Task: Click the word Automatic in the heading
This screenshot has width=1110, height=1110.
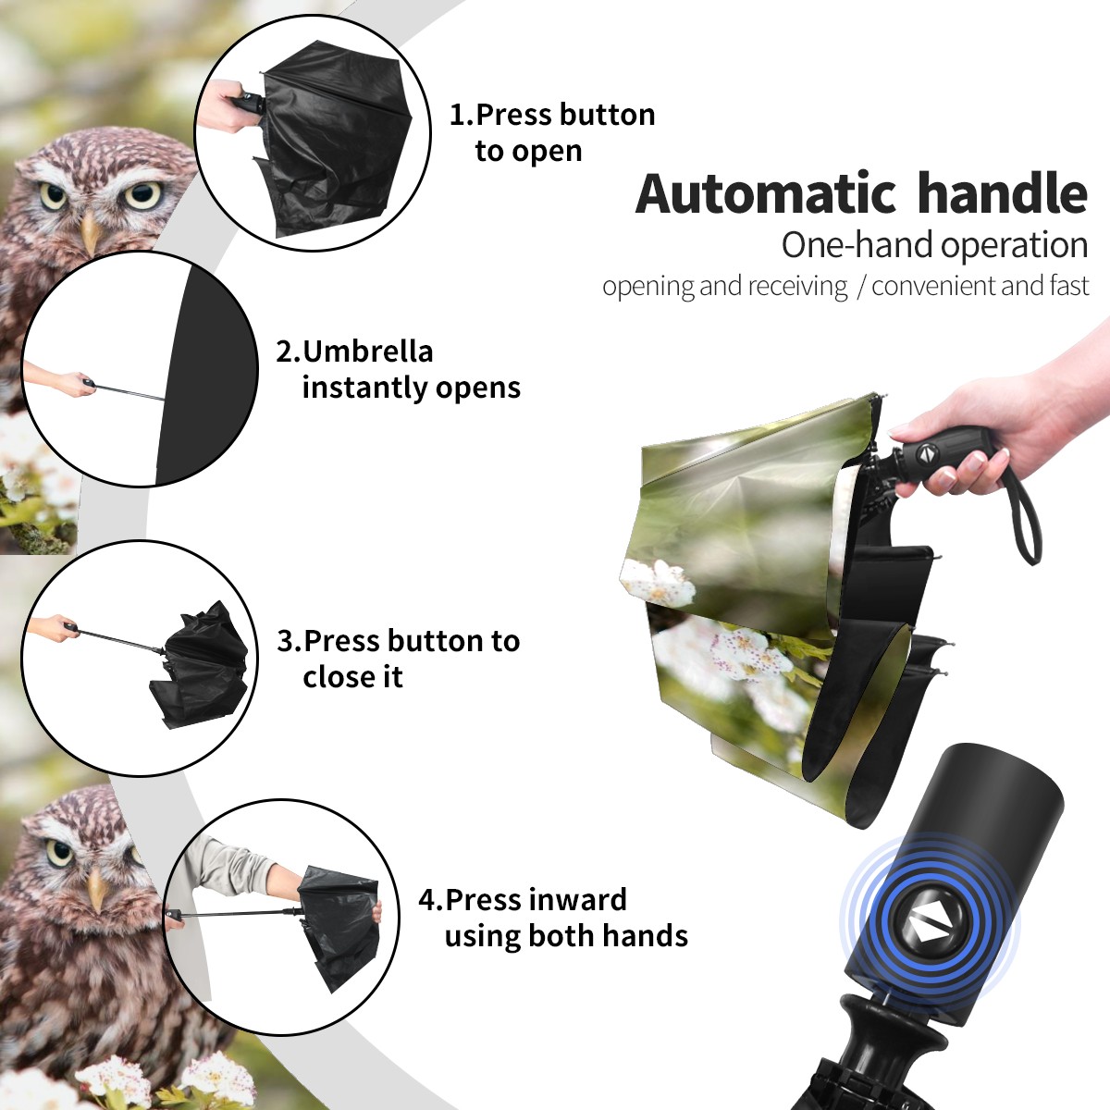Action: pos(766,193)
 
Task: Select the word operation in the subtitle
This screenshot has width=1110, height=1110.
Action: pos(1015,245)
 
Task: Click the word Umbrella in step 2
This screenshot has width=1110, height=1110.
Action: pos(367,351)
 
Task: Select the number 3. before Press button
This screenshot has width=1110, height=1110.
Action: pos(290,640)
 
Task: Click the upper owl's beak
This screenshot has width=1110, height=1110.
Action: pos(92,234)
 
